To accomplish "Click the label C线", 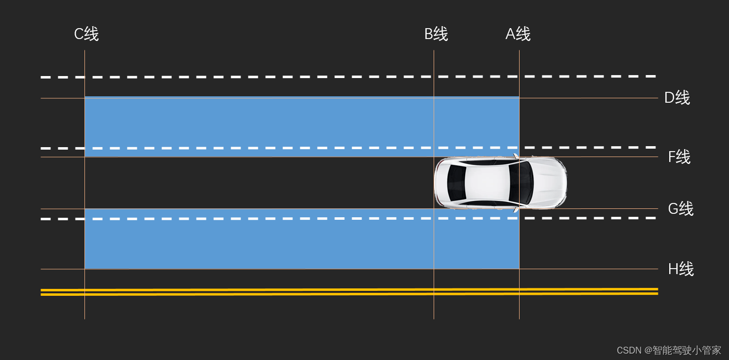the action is pos(86,34).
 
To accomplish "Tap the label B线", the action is pos(436,34).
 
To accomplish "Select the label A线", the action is pos(518,34).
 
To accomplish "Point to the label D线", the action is pos(677,98).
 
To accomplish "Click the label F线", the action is pos(679,157).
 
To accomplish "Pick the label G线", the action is pos(681,209).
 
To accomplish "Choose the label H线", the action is pos(681,269).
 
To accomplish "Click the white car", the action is pos(500,183).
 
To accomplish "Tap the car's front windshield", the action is pos(521,183).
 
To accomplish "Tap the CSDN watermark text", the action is pos(669,350).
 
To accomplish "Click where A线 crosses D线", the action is pos(519,98).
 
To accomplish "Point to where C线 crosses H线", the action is pos(84,269).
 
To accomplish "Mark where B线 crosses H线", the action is pos(434,269).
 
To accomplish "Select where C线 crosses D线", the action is pos(84,98).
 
